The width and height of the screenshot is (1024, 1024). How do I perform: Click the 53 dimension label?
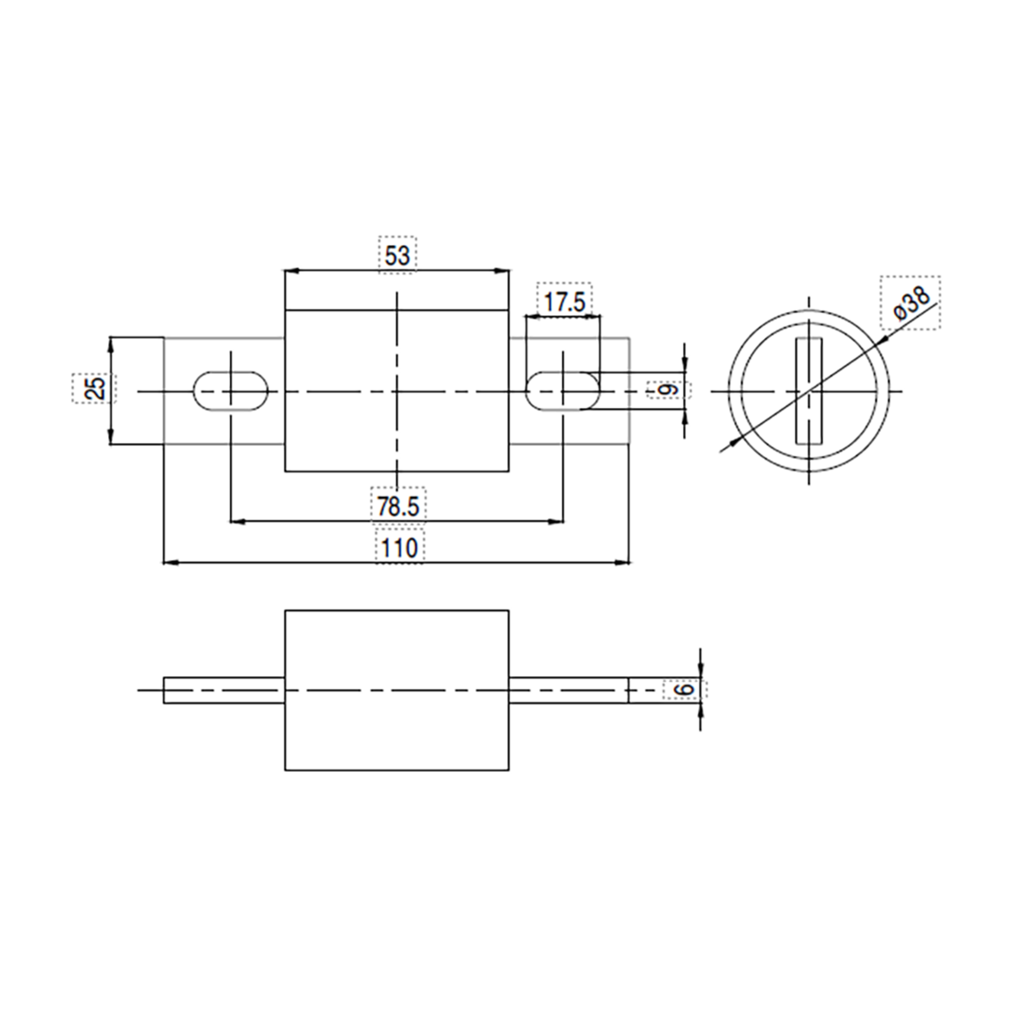click(398, 256)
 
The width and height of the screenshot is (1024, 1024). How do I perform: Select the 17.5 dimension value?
click(564, 302)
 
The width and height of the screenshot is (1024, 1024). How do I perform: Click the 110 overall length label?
click(399, 547)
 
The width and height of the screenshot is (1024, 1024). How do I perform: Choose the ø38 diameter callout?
click(911, 303)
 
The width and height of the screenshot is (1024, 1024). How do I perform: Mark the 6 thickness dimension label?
click(685, 689)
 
